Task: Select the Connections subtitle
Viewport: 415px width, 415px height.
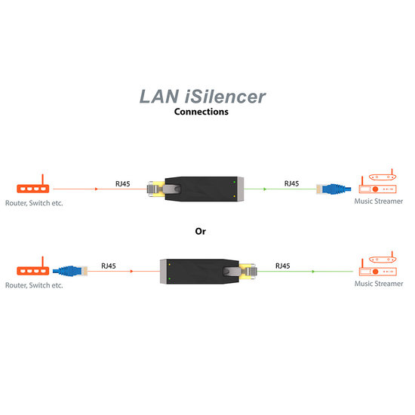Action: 201,111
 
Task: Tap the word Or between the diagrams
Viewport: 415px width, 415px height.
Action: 200,231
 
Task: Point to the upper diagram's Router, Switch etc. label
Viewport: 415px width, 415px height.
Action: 34,203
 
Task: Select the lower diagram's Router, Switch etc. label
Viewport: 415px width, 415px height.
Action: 34,285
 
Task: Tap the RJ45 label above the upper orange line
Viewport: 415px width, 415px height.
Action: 122,183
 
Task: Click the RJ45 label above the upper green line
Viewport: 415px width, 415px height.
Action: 290,183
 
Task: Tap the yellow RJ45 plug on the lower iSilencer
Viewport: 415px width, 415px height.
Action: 248,269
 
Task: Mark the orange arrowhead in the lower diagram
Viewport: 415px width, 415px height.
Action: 133,270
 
